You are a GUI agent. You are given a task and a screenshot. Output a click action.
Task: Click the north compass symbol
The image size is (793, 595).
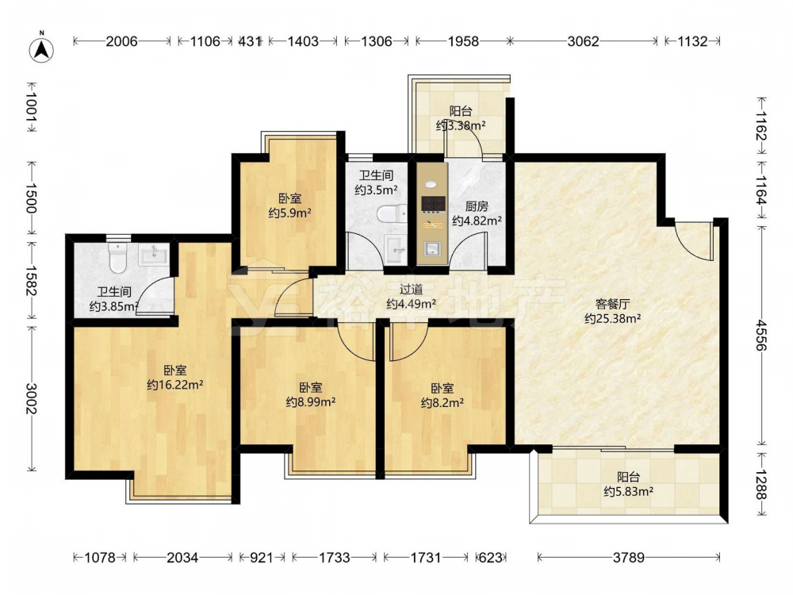point(41,49)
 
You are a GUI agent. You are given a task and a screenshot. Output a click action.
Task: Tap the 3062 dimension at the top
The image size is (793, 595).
point(583,41)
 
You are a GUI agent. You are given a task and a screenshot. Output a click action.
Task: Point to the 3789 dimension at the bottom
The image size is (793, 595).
point(629,558)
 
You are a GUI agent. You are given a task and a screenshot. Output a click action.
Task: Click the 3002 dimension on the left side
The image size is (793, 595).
point(32,398)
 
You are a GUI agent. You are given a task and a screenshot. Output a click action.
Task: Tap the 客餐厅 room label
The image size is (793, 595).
point(612,304)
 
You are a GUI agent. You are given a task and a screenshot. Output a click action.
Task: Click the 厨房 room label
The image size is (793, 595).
point(477,206)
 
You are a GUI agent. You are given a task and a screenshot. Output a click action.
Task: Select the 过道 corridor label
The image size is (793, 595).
point(411,290)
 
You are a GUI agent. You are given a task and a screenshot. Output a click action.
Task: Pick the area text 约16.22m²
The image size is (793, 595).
point(175,385)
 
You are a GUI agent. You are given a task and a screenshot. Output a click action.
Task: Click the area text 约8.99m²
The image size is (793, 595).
point(311,402)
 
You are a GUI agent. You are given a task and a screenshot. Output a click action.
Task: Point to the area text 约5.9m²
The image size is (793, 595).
point(289,213)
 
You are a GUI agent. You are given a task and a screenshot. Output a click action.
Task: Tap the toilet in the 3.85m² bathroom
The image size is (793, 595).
point(118,258)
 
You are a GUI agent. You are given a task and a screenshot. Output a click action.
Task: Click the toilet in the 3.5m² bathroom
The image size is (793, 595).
point(392,214)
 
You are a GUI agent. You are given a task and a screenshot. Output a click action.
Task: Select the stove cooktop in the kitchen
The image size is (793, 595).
point(434,203)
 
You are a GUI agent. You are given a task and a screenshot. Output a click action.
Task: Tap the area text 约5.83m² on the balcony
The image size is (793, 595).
point(629,491)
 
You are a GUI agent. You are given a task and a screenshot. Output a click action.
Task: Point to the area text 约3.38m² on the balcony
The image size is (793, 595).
point(461,125)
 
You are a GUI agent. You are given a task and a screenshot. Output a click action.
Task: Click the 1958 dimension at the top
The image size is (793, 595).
point(463,41)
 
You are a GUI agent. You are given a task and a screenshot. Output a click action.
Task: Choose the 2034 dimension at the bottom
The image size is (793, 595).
point(182,558)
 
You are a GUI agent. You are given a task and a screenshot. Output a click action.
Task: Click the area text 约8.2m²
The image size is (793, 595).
point(442,403)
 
